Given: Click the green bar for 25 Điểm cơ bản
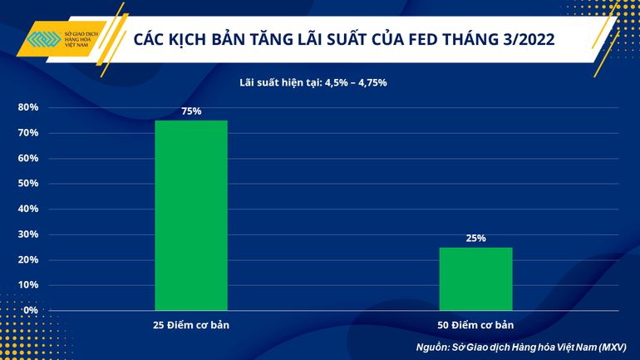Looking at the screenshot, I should [191, 215].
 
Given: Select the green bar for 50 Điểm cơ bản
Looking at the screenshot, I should [476, 279].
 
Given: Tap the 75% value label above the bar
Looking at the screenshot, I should [191, 111].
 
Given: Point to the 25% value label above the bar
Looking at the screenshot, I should [476, 239].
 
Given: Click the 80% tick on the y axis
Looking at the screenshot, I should [27, 108].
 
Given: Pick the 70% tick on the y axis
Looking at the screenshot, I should [27, 133].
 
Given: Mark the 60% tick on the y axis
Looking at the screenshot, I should [27, 159].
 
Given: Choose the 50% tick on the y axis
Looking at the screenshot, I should [27, 184].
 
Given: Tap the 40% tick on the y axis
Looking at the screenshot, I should [27, 210].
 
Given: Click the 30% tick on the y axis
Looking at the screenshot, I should [27, 234].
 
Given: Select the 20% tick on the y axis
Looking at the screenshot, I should [27, 260].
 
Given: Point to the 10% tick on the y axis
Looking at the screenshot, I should [27, 285].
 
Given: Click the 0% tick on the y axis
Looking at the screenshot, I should [30, 310].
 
